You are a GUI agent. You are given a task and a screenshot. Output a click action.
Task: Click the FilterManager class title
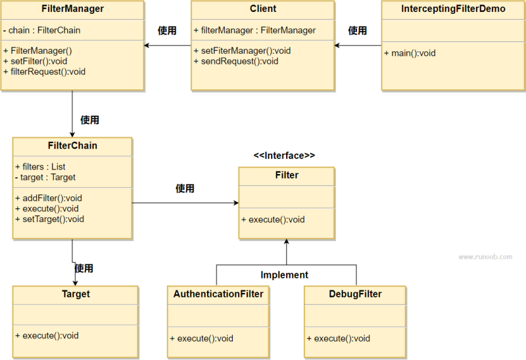pyautogui.click(x=72, y=9)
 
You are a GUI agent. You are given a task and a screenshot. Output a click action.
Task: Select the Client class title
pyautogui.click(x=263, y=9)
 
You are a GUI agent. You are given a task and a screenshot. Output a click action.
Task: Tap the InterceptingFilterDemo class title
pyautogui.click(x=453, y=9)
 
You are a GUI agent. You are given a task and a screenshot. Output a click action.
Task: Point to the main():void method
pyautogui.click(x=410, y=53)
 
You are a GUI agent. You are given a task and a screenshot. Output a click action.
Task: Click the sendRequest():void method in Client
pyautogui.click(x=236, y=61)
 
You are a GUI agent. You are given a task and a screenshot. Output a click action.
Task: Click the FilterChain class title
pyautogui.click(x=72, y=146)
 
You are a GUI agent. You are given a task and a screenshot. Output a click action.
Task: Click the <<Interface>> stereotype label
pyautogui.click(x=284, y=156)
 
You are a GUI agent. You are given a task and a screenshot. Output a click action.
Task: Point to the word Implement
pyautogui.click(x=284, y=275)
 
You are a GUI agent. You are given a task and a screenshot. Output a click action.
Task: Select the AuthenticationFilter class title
pyautogui.click(x=218, y=294)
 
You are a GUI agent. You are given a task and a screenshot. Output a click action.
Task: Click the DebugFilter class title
pyautogui.click(x=355, y=294)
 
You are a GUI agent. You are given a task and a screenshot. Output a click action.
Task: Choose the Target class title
pyautogui.click(x=75, y=294)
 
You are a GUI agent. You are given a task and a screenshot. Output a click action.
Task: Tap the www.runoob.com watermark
pyautogui.click(x=485, y=258)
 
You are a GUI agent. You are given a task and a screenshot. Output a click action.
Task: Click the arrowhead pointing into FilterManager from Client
pyautogui.click(x=147, y=45)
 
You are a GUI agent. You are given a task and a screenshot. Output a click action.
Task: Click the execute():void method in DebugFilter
pyautogui.click(x=338, y=338)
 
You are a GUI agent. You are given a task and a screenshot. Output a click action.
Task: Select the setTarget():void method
pyautogui.click(x=49, y=219)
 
